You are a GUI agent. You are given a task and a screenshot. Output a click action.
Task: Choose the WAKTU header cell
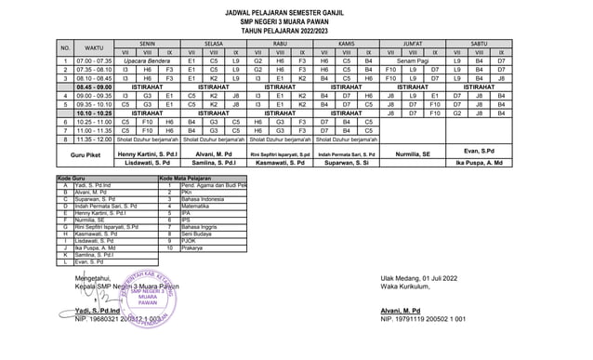click(x=94, y=47)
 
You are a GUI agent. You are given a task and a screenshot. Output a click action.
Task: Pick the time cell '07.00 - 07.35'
click(x=94, y=60)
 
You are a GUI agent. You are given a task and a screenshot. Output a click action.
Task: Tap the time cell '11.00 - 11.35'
click(x=94, y=130)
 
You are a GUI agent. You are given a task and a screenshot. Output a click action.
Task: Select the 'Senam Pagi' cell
click(x=413, y=60)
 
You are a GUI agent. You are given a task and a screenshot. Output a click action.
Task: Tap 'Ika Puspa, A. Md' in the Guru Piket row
click(x=480, y=163)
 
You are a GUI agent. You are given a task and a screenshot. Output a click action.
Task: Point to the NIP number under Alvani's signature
click(x=423, y=318)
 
